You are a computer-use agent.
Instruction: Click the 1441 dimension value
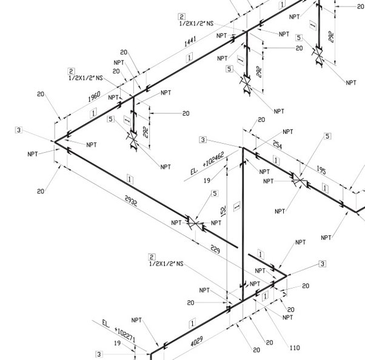[x=190, y=41]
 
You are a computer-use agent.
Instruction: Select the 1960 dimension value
[x=94, y=96]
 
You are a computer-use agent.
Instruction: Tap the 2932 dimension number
[x=131, y=201]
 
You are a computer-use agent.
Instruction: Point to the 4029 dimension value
[x=196, y=341]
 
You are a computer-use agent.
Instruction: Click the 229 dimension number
[x=215, y=249]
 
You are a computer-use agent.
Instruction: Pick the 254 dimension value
[x=277, y=144]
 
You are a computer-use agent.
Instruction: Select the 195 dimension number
[x=321, y=170]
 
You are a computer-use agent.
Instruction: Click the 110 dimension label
[x=295, y=348]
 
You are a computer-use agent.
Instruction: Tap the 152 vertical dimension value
[x=223, y=212]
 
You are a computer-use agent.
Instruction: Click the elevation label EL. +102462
[x=207, y=163]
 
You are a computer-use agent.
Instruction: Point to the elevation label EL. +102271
[x=119, y=331]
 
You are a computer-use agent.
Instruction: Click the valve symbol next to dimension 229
[x=195, y=224]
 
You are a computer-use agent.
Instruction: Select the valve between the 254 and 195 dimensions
[x=300, y=180]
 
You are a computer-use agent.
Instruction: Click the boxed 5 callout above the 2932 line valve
[x=215, y=193]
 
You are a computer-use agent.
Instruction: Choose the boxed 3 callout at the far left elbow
[x=19, y=130]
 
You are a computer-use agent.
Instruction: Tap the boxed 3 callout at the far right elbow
[x=323, y=264]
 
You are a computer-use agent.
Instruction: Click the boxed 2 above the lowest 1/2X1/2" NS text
[x=152, y=257]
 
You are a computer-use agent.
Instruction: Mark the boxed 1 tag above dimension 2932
[x=130, y=179]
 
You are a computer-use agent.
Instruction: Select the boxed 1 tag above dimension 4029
[x=193, y=324]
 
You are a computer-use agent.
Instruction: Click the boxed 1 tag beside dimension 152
[x=237, y=207]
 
